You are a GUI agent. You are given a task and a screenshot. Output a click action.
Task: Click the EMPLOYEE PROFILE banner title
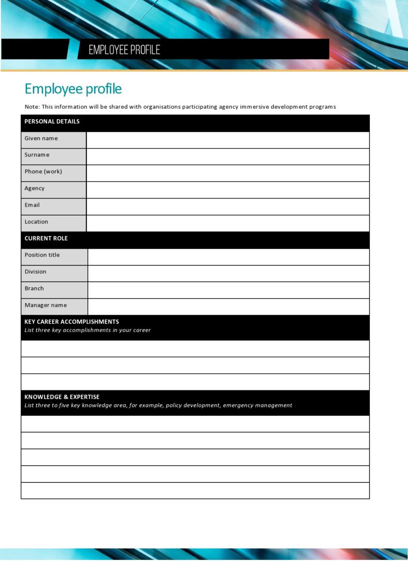click(x=124, y=50)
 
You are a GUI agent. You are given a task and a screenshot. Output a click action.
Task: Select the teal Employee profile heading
click(x=73, y=89)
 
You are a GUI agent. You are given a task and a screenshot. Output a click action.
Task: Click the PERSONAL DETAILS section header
click(x=52, y=122)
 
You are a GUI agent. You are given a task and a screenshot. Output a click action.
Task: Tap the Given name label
click(x=41, y=139)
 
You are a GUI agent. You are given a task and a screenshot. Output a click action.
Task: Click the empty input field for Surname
click(x=227, y=156)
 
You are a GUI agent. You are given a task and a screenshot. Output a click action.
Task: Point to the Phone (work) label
click(x=43, y=172)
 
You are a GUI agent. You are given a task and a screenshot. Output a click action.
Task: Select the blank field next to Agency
click(x=227, y=190)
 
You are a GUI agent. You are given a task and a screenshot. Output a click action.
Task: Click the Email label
click(x=32, y=205)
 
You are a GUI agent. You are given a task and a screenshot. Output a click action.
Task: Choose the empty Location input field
click(x=227, y=223)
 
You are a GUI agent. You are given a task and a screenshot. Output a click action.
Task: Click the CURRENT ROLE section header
click(x=46, y=239)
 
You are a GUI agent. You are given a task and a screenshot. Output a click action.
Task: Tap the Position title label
click(x=42, y=255)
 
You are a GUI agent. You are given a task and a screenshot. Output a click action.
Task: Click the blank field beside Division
click(x=228, y=273)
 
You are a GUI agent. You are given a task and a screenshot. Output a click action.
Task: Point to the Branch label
click(x=35, y=289)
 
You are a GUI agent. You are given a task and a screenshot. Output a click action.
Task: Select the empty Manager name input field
click(x=228, y=307)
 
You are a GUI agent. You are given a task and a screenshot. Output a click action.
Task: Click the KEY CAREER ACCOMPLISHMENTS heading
click(x=72, y=322)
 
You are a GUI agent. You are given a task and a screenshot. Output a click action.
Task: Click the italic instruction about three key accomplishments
click(x=88, y=331)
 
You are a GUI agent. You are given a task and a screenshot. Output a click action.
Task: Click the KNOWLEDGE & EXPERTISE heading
click(x=62, y=397)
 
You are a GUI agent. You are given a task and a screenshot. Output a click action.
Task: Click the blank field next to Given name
click(x=227, y=140)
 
